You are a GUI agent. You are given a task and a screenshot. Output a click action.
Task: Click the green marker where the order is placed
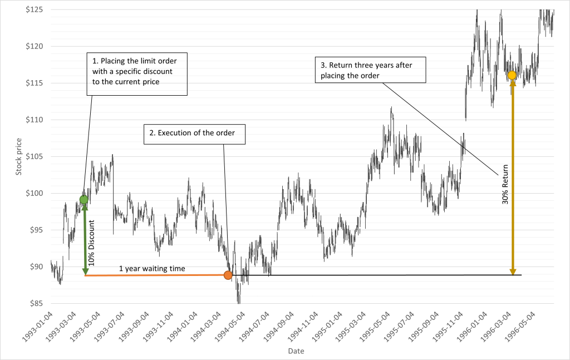tap(84, 200)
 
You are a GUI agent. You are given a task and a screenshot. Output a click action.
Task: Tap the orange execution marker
tap(228, 275)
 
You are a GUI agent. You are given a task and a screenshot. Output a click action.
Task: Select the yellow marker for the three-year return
tap(512, 75)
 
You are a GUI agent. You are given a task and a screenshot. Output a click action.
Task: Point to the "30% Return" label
tap(505, 186)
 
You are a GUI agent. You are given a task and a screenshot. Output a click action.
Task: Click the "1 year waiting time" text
tap(152, 269)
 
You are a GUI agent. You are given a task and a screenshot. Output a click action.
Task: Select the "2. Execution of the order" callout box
tap(194, 134)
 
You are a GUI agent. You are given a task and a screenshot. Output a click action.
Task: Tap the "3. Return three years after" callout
tap(371, 70)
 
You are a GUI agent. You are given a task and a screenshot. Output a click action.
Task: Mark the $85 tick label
tap(36, 304)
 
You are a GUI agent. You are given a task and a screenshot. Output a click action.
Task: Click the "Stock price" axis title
tap(18, 155)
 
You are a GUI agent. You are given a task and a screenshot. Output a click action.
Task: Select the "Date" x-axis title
tap(296, 352)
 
